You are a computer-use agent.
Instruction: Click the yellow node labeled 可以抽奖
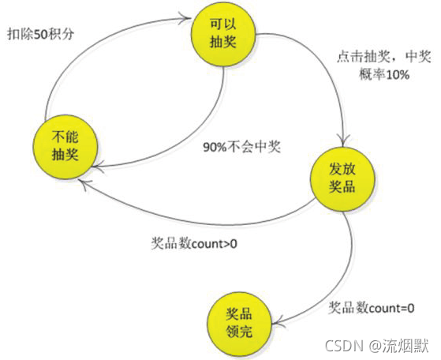coord(223,34)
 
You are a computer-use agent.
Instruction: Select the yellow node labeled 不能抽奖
coord(65,147)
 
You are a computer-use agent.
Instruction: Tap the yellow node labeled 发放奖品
coord(342,178)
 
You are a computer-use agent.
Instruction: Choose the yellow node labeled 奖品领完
coord(239,324)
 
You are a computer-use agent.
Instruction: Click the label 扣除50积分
coord(41,34)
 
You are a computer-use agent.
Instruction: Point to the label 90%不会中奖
coord(242,147)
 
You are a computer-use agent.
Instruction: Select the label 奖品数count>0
coord(194,243)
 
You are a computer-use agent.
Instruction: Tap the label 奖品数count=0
coord(372,308)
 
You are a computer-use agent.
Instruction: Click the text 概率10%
coord(384,74)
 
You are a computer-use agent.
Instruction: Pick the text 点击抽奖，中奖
coord(384,57)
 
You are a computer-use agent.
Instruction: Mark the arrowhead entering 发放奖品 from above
coord(342,140)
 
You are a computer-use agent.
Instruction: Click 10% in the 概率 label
coord(398,75)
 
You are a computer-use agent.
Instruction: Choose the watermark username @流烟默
coord(399,346)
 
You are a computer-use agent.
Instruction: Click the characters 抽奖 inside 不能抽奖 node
coord(65,155)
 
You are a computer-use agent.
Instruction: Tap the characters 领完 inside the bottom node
coord(239,332)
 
